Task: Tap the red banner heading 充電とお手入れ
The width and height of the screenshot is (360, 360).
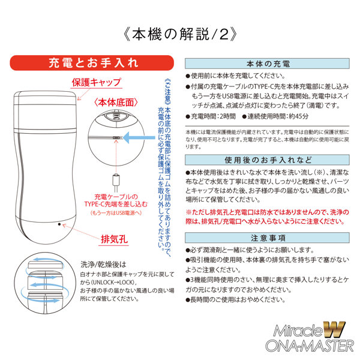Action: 93,62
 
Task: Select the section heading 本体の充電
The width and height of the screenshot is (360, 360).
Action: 268,63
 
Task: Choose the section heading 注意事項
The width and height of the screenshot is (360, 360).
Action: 268,237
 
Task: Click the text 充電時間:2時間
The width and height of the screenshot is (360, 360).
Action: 211,116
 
